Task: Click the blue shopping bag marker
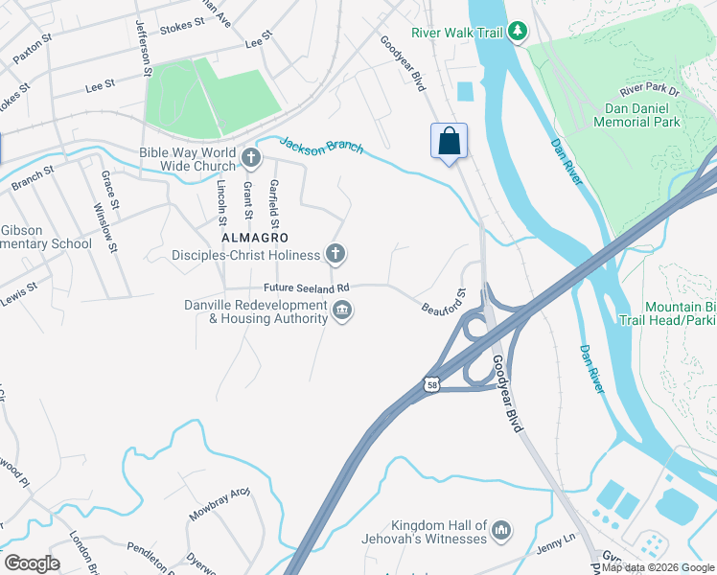(x=449, y=142)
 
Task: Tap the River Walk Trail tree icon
(x=518, y=33)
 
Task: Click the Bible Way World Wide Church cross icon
(x=250, y=157)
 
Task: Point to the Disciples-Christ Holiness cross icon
(x=335, y=254)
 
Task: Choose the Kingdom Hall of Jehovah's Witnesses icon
(x=501, y=531)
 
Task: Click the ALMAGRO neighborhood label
(x=255, y=236)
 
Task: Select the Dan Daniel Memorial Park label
(x=636, y=115)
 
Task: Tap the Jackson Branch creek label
(x=321, y=146)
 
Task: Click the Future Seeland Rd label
(x=307, y=287)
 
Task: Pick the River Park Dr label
(x=649, y=90)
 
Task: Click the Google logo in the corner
(x=32, y=563)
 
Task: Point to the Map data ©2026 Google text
(x=659, y=568)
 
